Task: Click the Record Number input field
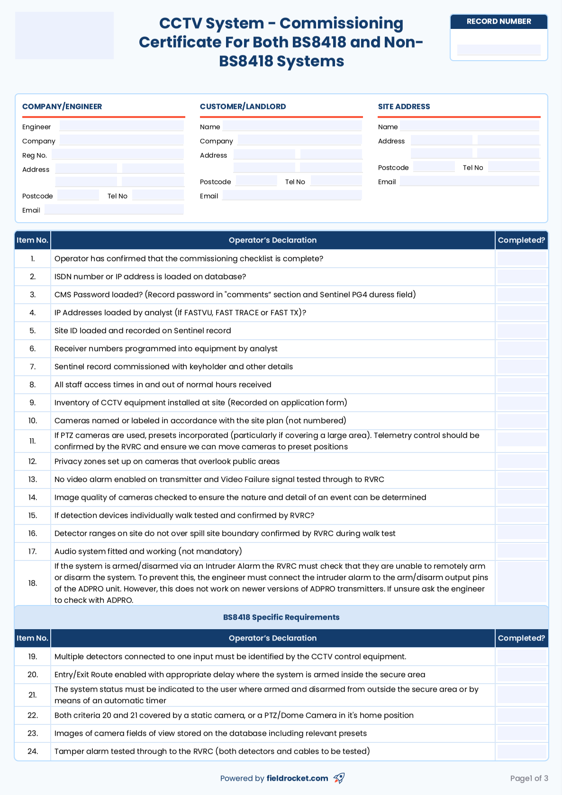[x=499, y=50]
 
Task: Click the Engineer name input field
[x=121, y=126]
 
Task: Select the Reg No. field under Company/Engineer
[x=118, y=154]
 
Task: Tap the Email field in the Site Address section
[x=469, y=181]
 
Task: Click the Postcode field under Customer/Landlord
[x=256, y=181]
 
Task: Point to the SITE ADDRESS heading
[x=404, y=107]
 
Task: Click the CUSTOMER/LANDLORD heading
[x=243, y=107]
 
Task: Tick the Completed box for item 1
[x=521, y=259]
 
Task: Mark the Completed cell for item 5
[x=521, y=331]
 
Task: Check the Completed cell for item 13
[x=521, y=479]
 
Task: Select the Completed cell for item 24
[x=521, y=751]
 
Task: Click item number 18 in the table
[x=33, y=583]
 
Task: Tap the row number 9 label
[x=33, y=403]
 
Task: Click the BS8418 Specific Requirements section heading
[x=281, y=617]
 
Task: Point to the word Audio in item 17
[x=65, y=551]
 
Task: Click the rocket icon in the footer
[x=339, y=778]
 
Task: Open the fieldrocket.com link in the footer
[x=297, y=778]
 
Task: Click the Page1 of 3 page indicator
[x=529, y=778]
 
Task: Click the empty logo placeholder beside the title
[x=64, y=36]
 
